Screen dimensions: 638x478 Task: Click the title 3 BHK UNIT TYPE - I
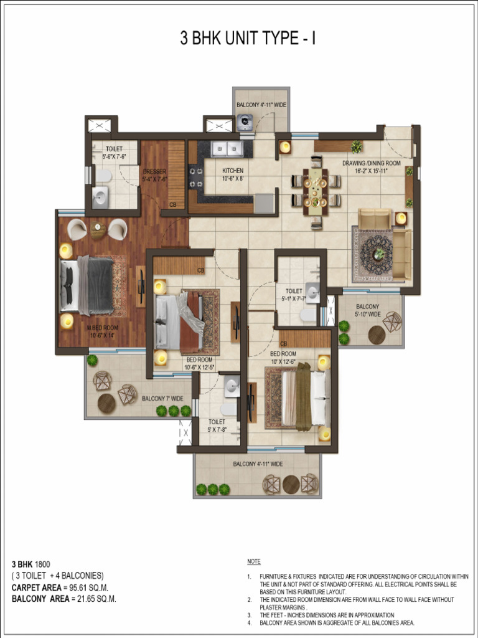248,39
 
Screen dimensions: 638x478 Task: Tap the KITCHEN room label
233,174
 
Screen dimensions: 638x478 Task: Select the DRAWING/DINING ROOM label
371,166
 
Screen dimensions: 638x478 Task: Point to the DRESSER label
154,175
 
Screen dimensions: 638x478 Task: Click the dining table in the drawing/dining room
316,191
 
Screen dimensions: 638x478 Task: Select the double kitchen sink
227,149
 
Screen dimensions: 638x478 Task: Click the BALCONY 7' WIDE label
162,398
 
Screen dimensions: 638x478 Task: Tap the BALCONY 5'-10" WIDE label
368,310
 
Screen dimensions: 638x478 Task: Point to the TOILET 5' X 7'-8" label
217,425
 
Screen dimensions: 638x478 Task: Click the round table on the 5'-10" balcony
377,335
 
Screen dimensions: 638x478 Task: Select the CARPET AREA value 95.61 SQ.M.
87,588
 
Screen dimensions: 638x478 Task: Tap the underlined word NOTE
254,562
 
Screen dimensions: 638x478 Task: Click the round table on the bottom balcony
291,484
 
